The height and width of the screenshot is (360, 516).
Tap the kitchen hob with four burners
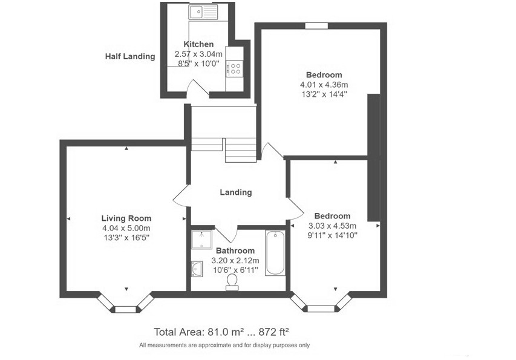(x=234, y=68)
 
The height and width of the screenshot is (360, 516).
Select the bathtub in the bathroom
(x=275, y=252)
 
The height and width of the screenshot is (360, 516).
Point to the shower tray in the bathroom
(x=200, y=240)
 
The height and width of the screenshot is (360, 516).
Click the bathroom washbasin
(x=197, y=267)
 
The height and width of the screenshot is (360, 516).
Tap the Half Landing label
(x=129, y=56)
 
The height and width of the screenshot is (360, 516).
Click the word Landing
(x=235, y=192)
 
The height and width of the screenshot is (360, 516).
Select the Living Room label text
(x=126, y=218)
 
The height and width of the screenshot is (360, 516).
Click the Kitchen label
(x=198, y=44)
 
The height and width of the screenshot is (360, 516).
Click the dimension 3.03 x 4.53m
(x=332, y=226)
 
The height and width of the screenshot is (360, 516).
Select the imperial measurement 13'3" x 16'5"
(x=126, y=238)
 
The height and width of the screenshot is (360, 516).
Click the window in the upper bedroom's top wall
(x=316, y=25)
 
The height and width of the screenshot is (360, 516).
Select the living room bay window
(x=125, y=307)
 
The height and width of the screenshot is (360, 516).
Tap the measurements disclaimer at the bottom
(x=224, y=345)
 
